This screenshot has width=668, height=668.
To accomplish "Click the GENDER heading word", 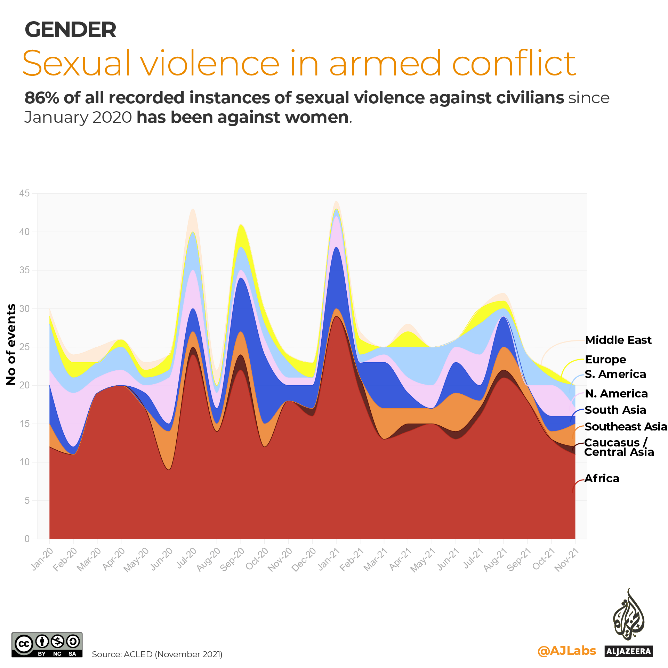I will (71, 30).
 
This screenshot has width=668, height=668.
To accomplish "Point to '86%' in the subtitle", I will (41, 98).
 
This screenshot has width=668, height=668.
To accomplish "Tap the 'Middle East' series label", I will (618, 340).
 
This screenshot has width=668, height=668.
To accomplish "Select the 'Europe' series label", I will (605, 360).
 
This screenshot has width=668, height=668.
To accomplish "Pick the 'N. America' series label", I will (616, 394).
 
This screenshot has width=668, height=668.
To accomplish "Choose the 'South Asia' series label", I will (615, 410).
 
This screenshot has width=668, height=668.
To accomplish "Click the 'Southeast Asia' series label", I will (625, 427).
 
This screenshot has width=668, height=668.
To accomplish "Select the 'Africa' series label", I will (602, 478).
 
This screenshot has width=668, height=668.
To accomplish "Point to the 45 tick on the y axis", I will (24, 193).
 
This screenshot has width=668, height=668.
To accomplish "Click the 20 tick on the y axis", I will (24, 385).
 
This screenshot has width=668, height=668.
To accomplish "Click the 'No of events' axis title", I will (11, 344).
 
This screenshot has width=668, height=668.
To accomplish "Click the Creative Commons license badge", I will (47, 645).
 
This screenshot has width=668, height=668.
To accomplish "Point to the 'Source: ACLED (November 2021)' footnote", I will (157, 654).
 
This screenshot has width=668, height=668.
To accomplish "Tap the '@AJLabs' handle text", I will (566, 651).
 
